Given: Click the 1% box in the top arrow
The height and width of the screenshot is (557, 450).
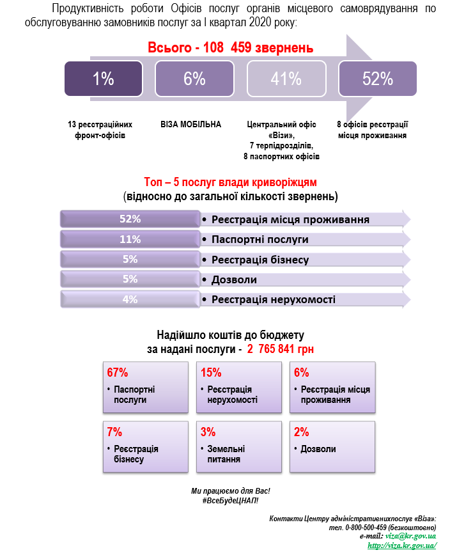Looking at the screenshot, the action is [x=104, y=79].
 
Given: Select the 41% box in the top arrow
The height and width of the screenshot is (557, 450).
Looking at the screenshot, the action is [x=286, y=79].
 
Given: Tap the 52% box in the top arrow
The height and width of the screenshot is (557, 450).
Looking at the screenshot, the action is [x=378, y=79].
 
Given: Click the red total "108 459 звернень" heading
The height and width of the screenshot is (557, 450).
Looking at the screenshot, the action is [x=231, y=47].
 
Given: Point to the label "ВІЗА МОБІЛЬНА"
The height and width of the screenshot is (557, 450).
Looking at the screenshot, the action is [x=190, y=124].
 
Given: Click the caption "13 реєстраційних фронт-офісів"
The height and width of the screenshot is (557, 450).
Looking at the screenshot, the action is [x=100, y=130].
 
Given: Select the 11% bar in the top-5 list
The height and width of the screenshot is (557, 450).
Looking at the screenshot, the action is [x=130, y=239].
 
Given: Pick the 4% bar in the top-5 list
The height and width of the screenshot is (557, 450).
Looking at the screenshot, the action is [x=130, y=299].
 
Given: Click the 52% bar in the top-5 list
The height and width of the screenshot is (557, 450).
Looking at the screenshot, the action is [x=130, y=219].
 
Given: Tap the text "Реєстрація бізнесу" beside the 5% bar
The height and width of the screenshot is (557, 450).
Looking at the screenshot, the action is [x=260, y=260].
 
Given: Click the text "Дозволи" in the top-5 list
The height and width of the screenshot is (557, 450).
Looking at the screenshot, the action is [x=234, y=279].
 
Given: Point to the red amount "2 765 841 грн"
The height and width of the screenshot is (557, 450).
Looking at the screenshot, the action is [x=281, y=349].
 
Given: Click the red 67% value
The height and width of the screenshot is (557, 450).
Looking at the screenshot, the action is [x=117, y=372].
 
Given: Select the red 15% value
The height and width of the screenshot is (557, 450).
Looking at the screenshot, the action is [x=211, y=372].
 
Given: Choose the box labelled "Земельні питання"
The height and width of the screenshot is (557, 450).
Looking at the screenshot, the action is [x=239, y=447].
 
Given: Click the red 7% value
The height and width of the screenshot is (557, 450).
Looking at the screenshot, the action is [x=114, y=432].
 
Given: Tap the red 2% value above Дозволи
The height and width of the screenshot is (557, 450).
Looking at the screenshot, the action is [x=301, y=432].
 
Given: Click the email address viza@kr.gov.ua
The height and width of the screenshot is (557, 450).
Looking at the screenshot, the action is [x=410, y=536].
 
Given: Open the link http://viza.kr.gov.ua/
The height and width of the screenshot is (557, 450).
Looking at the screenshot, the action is [x=402, y=545].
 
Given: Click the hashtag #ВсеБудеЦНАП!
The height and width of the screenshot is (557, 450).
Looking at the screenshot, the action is [x=230, y=501].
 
